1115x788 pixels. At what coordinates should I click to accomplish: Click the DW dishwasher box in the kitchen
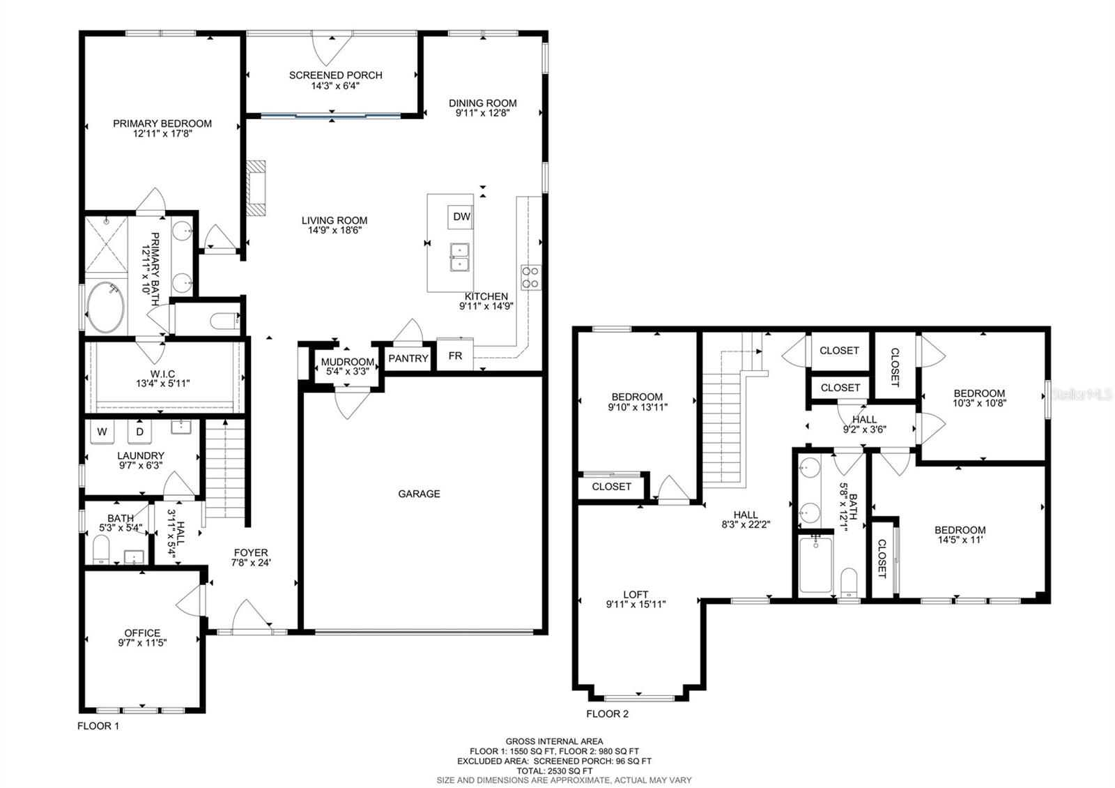461,217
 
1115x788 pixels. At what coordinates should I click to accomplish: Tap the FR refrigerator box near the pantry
455,356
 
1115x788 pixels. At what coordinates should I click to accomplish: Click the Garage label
419,494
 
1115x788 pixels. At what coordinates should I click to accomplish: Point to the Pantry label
408,358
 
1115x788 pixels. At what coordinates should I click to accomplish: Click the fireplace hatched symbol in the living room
256,188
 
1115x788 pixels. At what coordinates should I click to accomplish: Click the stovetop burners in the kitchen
531,277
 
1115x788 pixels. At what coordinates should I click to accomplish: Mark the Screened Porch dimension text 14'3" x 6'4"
335,86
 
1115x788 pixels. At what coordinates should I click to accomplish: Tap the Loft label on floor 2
636,595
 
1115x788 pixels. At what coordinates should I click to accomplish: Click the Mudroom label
347,362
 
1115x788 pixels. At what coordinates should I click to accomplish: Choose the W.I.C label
162,374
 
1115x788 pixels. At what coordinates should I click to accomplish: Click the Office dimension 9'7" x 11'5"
142,643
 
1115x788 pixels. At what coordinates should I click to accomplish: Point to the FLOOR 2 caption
607,714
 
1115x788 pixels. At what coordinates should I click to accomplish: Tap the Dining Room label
482,103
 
